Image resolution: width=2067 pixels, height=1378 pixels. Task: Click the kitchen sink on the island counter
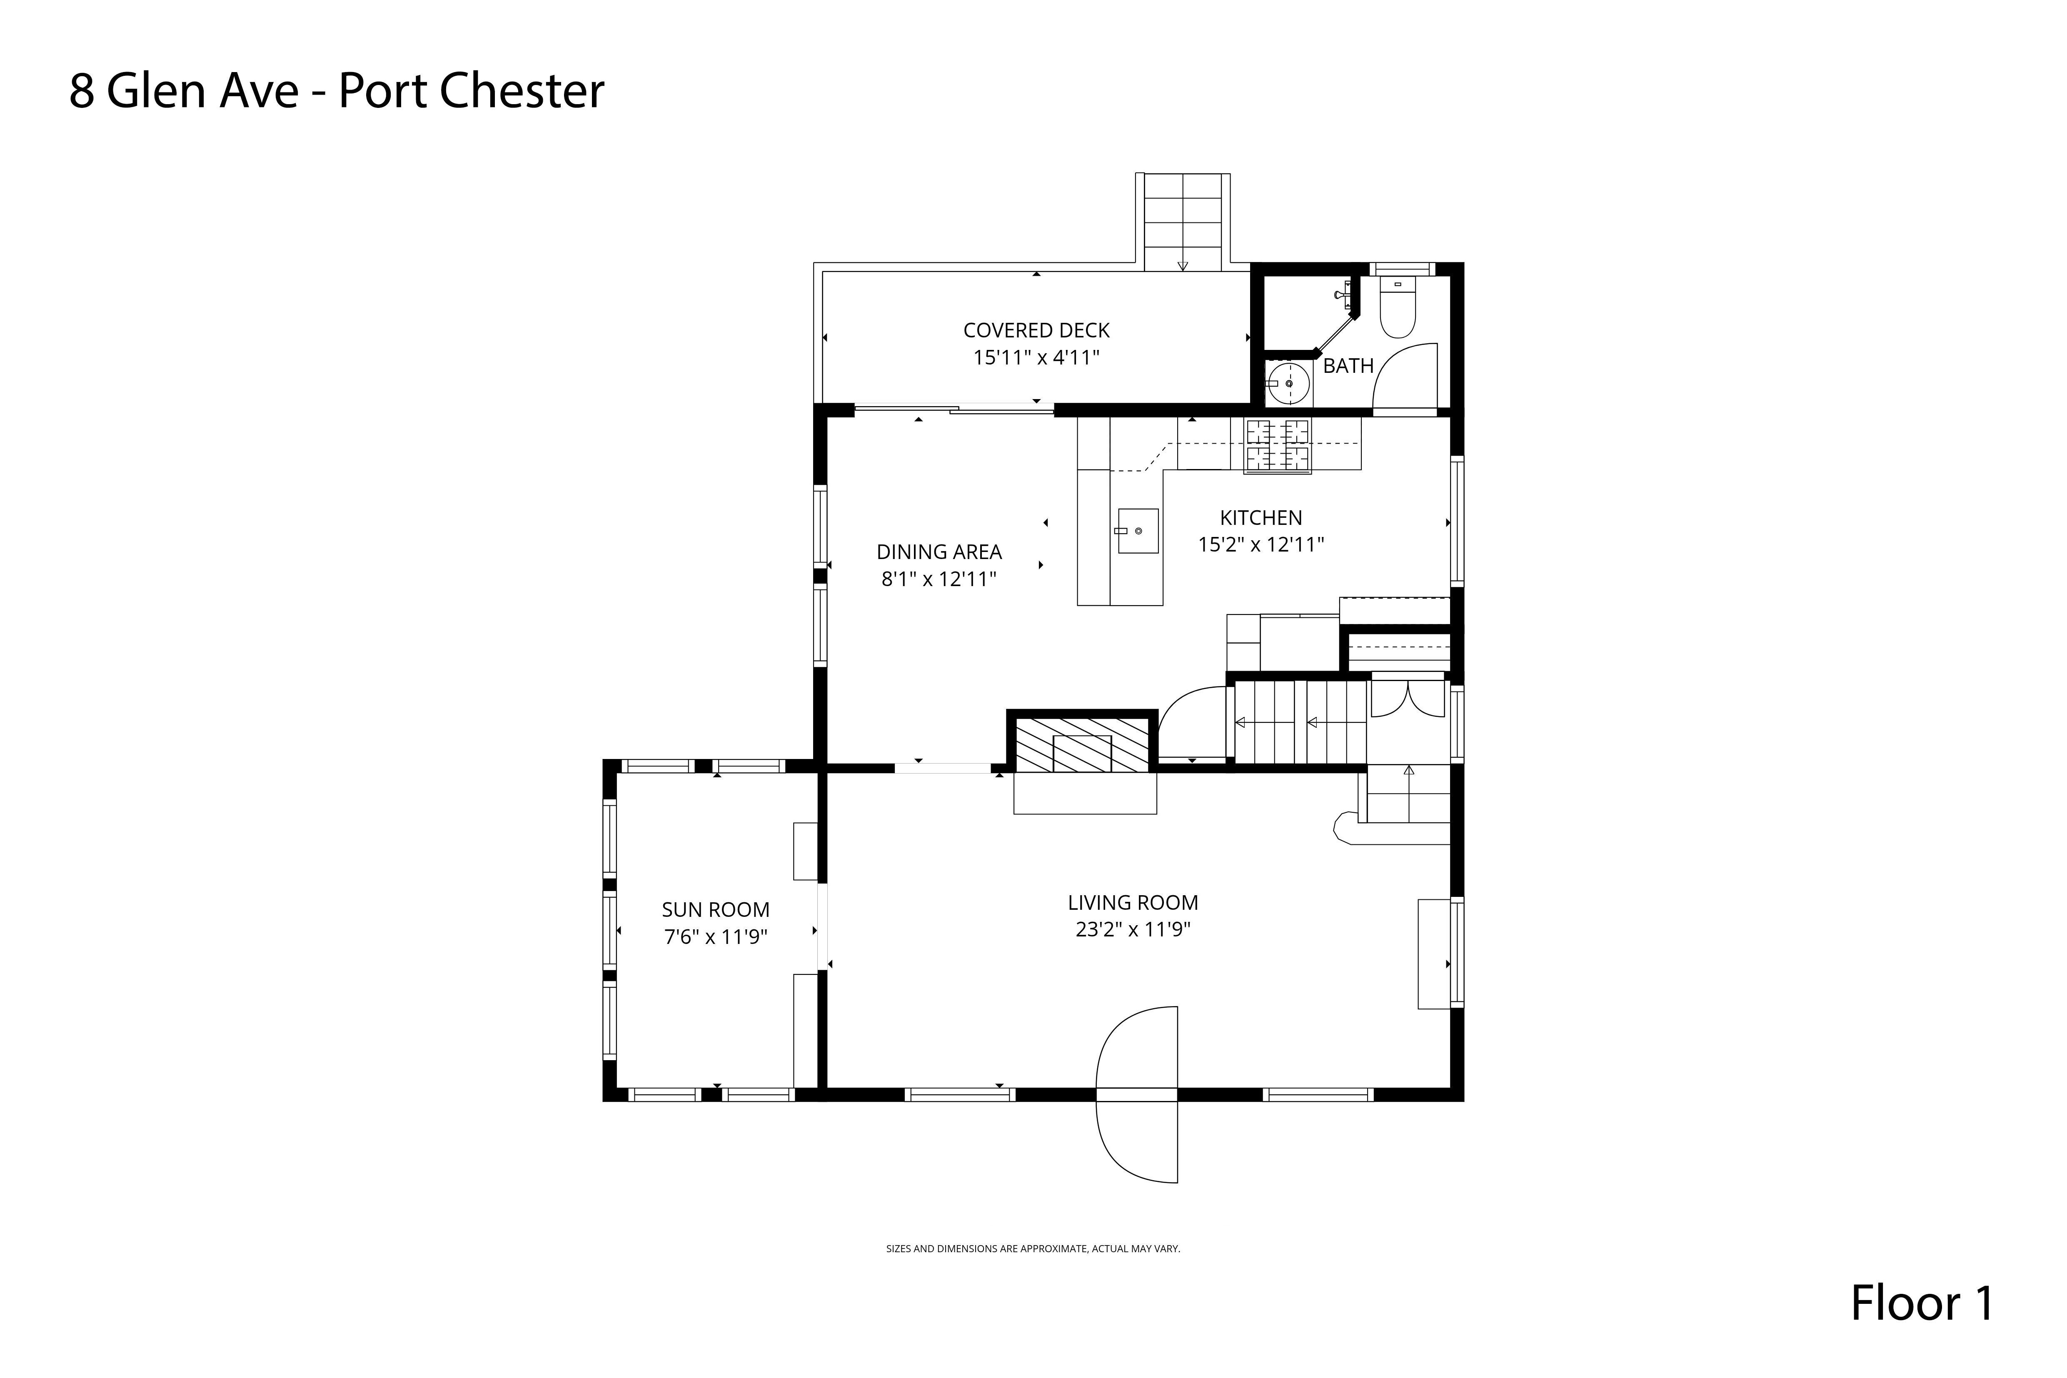1138,531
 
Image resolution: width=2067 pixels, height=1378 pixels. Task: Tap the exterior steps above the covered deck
1183,222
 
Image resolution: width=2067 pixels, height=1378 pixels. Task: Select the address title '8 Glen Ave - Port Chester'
337,91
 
